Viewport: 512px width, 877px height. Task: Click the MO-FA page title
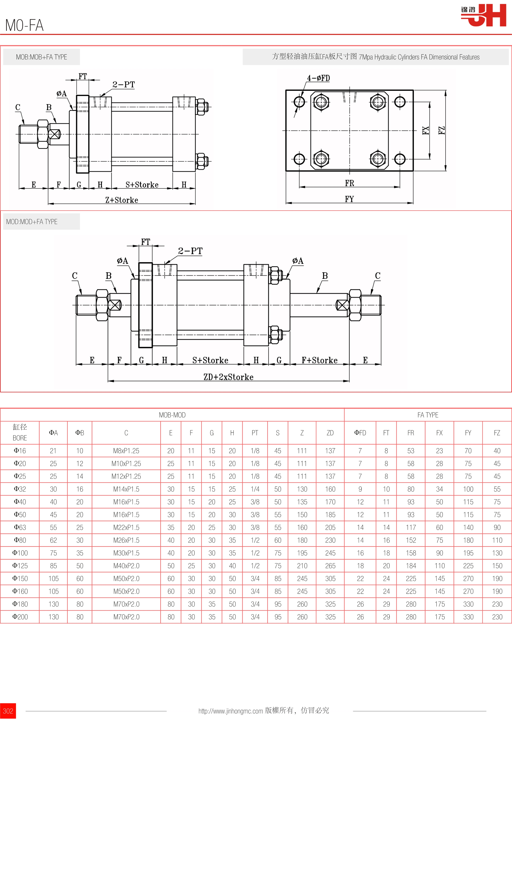[x=24, y=25]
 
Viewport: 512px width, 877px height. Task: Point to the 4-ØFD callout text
[x=318, y=78]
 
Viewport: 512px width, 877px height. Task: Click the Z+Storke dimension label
[x=122, y=200]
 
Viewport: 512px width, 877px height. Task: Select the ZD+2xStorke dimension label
[x=228, y=377]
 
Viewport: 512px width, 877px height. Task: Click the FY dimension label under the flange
[x=349, y=199]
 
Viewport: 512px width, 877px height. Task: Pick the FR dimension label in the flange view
[x=349, y=183]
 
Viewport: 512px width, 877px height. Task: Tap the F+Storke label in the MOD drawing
[x=319, y=360]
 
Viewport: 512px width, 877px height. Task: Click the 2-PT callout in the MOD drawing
[x=190, y=251]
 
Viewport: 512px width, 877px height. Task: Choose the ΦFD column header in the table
[x=360, y=433]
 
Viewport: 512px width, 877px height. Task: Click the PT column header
[x=255, y=433]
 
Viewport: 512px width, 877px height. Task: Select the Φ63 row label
[x=20, y=527]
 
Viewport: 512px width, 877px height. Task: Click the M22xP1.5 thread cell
[x=126, y=527]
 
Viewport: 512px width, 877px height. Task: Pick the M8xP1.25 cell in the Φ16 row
[x=126, y=451]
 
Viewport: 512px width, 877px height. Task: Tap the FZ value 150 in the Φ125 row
[x=497, y=566]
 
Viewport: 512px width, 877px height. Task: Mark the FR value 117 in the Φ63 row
[x=411, y=527]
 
